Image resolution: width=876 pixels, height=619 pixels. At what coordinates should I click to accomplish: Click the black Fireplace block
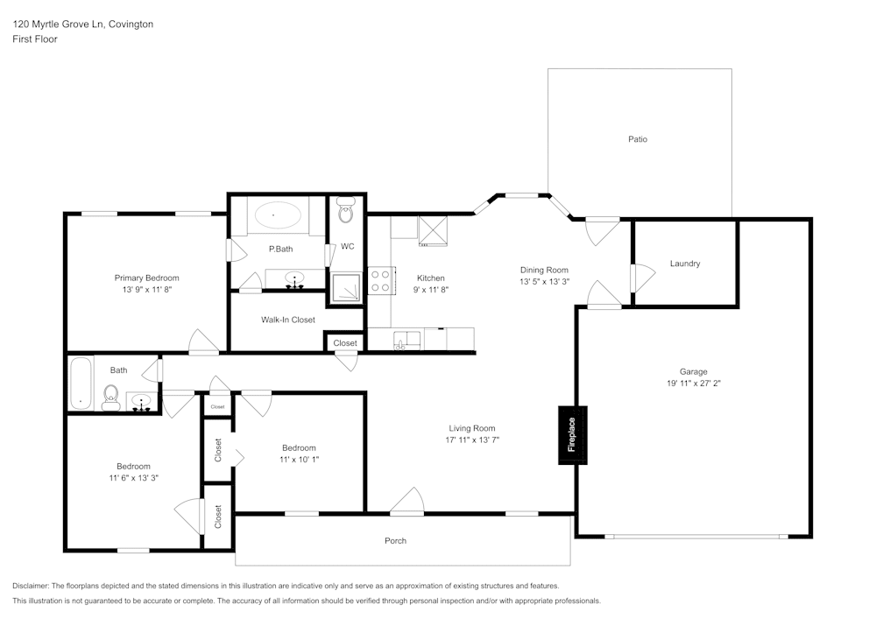(572, 434)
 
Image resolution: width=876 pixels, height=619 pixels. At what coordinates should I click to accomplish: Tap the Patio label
(637, 139)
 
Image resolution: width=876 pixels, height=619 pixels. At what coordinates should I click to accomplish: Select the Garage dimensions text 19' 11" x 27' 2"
(693, 383)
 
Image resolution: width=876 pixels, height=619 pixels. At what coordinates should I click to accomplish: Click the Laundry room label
(684, 264)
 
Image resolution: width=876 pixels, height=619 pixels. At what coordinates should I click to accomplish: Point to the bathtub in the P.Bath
(278, 215)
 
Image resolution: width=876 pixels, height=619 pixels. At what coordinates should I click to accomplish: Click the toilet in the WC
(346, 211)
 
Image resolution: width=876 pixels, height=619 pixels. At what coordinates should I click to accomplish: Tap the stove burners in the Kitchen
(380, 281)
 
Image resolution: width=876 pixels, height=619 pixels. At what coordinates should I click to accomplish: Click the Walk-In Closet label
(287, 320)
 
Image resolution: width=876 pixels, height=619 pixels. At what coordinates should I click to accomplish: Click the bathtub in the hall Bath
(81, 383)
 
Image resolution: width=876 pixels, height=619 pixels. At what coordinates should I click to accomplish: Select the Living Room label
(472, 428)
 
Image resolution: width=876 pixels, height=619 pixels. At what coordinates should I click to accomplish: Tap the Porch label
(396, 540)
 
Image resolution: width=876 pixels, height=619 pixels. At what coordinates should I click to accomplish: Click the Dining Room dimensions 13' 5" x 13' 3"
(544, 282)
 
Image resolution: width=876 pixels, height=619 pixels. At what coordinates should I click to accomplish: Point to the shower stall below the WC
(346, 286)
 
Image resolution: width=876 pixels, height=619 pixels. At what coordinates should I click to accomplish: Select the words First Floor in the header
(35, 39)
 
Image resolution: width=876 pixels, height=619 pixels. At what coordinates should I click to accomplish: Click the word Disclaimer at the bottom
(31, 585)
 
